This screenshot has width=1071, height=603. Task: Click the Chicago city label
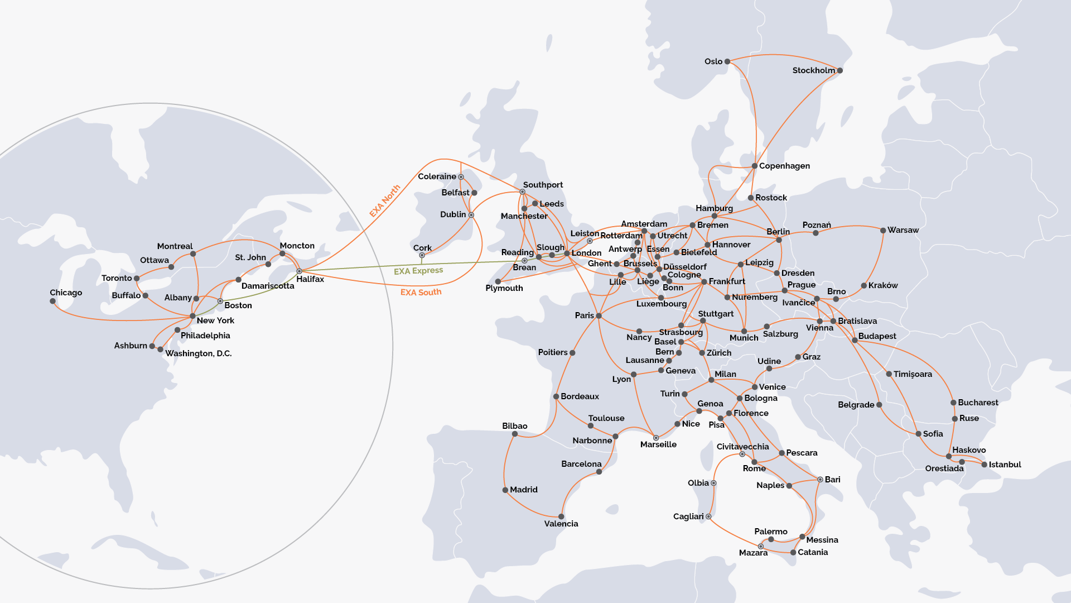(66, 293)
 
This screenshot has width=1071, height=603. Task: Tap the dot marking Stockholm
(840, 70)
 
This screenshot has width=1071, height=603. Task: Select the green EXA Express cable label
(418, 271)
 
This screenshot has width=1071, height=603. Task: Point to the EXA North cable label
(385, 201)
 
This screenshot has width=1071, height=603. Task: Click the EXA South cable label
(421, 292)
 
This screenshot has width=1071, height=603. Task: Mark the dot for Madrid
(505, 490)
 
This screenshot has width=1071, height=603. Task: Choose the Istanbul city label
(1005, 465)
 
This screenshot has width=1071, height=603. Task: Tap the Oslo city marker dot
(727, 61)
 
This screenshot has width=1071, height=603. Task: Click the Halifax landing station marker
(299, 271)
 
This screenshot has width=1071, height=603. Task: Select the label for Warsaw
(903, 230)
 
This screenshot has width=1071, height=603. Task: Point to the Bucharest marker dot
(953, 403)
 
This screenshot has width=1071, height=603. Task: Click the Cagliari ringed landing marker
(708, 516)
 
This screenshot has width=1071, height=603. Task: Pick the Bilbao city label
(514, 426)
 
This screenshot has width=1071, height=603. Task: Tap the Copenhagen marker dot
(754, 166)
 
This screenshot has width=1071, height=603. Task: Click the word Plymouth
(504, 288)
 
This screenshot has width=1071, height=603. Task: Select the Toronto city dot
(137, 278)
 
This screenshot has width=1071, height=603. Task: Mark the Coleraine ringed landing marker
(461, 177)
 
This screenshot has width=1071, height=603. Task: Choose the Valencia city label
(561, 524)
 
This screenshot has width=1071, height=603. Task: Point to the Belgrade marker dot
(879, 405)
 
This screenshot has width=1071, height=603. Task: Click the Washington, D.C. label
(198, 353)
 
